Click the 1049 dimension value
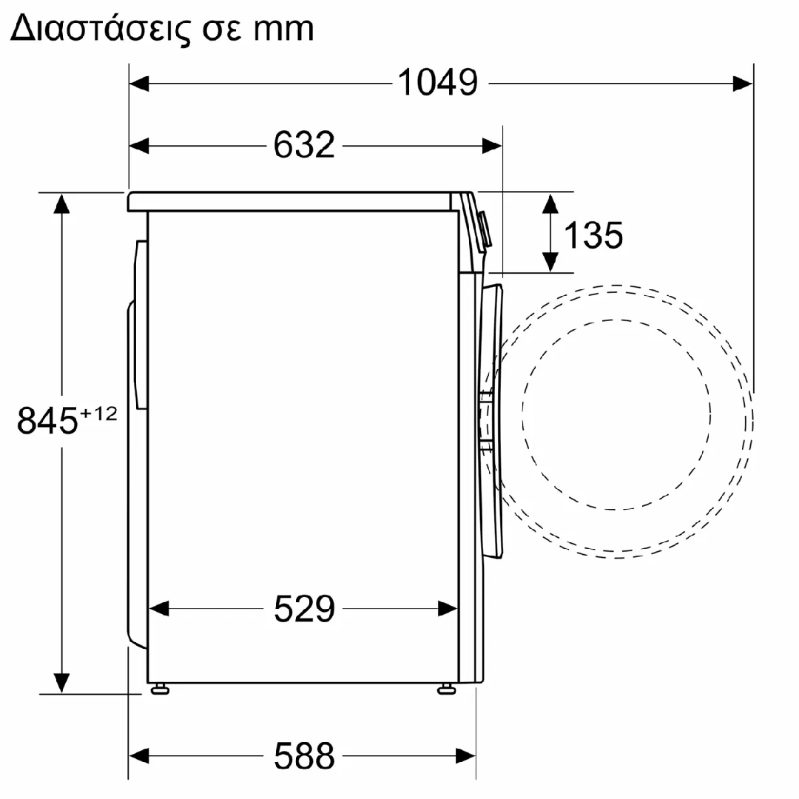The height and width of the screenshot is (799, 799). pos(438,82)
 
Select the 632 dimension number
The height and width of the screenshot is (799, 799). pos(304,145)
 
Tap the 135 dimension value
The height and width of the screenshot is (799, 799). pos(593,235)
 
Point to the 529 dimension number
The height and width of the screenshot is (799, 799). pos(304,608)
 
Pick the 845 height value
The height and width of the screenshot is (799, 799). pos(47,421)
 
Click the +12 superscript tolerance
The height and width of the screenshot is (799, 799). pos(99,414)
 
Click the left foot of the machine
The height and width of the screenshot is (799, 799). pos(160,690)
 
